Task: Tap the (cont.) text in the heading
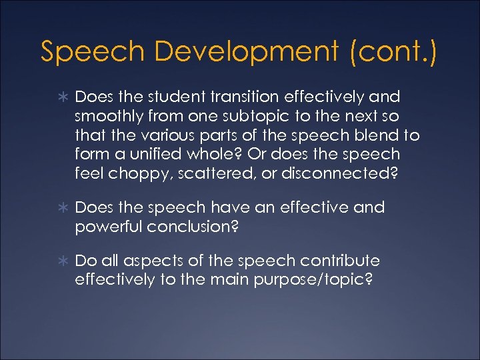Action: coord(393,53)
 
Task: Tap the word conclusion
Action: coord(192,226)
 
